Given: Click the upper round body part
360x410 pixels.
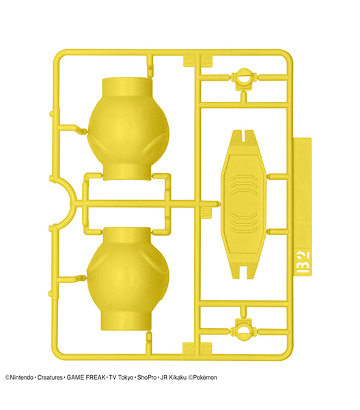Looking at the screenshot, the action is (128, 129).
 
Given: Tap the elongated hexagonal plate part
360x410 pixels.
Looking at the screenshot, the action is (243, 204).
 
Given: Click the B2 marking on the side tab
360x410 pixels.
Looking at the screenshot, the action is (303, 262).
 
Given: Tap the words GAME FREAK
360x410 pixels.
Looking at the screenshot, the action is (86, 378).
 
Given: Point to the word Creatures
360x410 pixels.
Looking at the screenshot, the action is (50, 378).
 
